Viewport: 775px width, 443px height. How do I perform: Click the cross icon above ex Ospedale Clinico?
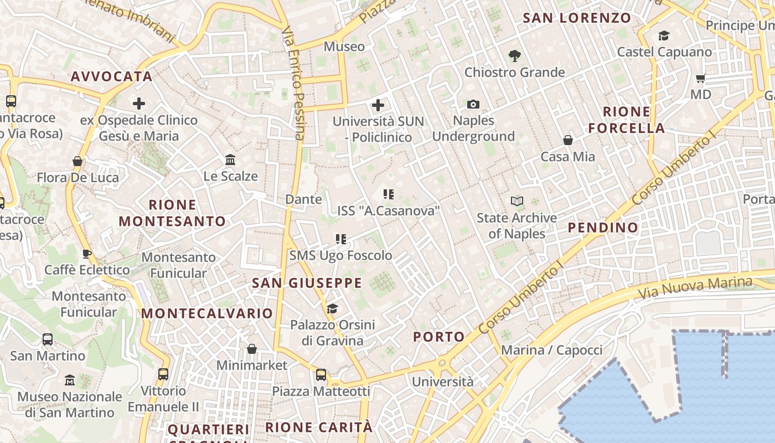(x=138, y=104)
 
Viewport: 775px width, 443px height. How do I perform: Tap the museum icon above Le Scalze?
(x=230, y=160)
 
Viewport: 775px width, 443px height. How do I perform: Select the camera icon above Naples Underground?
(x=473, y=104)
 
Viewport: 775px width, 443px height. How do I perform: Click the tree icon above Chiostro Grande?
(x=515, y=55)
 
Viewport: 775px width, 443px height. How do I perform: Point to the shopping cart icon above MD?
(x=701, y=79)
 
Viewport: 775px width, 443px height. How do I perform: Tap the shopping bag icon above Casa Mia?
(x=567, y=140)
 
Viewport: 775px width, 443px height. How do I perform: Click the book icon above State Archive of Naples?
(x=516, y=202)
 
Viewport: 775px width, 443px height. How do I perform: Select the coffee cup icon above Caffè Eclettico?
(x=87, y=254)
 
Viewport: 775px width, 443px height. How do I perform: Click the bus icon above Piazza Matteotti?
(x=321, y=375)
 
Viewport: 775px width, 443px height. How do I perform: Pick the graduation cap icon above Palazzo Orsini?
(x=332, y=308)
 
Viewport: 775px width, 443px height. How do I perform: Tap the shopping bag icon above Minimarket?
(x=252, y=349)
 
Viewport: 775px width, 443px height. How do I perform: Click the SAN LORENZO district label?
(x=577, y=18)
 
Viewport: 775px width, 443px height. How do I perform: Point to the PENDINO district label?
(x=603, y=227)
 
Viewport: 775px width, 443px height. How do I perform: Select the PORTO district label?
(x=439, y=337)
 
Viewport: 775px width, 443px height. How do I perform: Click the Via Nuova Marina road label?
(x=695, y=287)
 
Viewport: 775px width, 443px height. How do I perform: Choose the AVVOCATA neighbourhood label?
(x=111, y=76)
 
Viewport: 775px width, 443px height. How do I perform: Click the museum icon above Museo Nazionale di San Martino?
(x=70, y=380)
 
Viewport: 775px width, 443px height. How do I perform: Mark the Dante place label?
(x=303, y=199)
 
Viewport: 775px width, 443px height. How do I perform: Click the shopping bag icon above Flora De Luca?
(x=77, y=161)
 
